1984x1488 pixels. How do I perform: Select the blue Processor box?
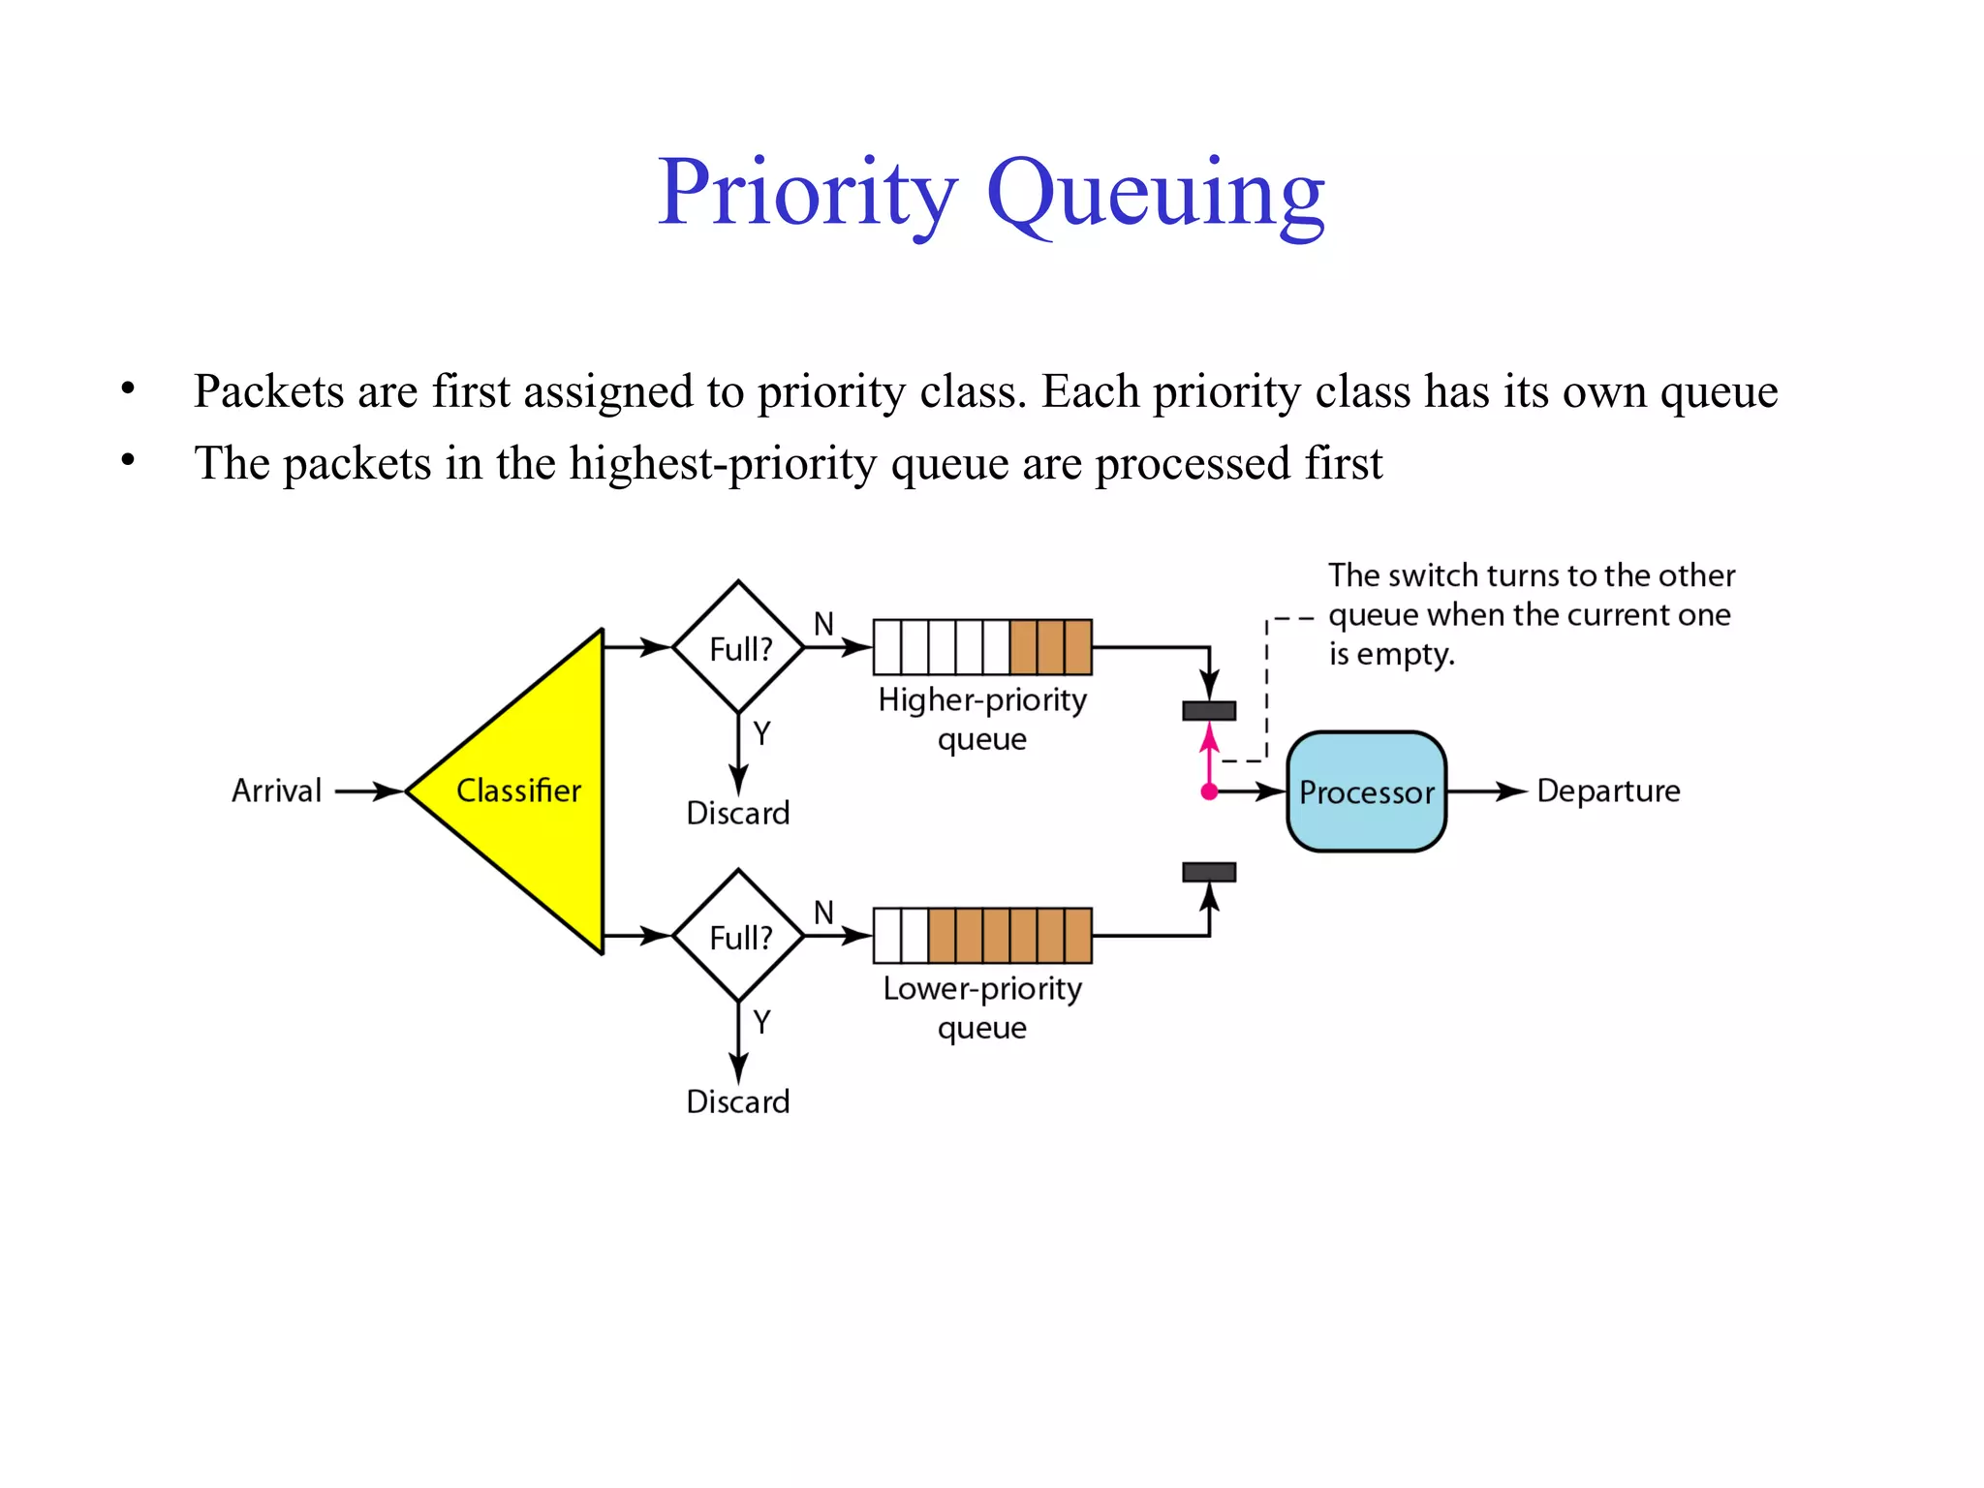pyautogui.click(x=1366, y=791)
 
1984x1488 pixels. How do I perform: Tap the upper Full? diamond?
pyautogui.click(x=739, y=648)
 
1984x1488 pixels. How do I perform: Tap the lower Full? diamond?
pyautogui.click(x=739, y=937)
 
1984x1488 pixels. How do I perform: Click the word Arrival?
pyautogui.click(x=276, y=791)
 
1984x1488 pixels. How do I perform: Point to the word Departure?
pyautogui.click(x=1608, y=791)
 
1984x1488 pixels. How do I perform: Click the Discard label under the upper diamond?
pyautogui.click(x=738, y=813)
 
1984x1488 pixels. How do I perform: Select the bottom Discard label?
pyautogui.click(x=738, y=1101)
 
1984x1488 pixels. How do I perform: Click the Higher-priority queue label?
pyautogui.click(x=982, y=719)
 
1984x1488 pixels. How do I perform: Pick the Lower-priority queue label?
pyautogui.click(x=982, y=1007)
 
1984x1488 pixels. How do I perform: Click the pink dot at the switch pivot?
pyautogui.click(x=1209, y=792)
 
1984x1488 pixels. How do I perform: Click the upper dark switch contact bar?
pyautogui.click(x=1209, y=711)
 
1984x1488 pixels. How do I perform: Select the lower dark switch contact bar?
pyautogui.click(x=1209, y=873)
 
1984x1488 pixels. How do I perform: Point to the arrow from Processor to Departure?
pyautogui.click(x=1487, y=791)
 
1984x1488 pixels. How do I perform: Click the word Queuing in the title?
pyautogui.click(x=1155, y=194)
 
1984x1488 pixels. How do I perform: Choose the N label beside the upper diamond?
pyautogui.click(x=823, y=624)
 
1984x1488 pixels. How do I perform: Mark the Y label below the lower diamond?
pyautogui.click(x=762, y=1022)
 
